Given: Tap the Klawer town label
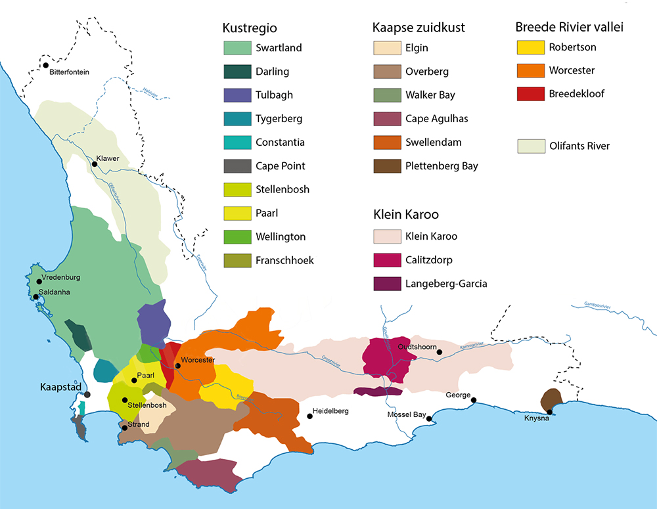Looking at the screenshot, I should [108, 159].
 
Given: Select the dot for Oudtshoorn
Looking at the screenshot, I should [440, 353].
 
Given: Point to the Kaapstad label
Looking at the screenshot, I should [60, 387].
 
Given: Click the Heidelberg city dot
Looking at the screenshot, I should [309, 416].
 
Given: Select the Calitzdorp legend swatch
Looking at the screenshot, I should [386, 260].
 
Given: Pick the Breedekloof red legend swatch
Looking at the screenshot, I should [530, 94].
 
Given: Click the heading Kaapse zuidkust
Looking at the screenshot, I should [419, 28].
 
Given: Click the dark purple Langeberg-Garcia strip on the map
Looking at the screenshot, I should [378, 391].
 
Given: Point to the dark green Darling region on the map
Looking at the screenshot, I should [79, 335].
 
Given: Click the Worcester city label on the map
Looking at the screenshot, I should [198, 360].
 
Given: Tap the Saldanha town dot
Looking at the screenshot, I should [36, 297].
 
